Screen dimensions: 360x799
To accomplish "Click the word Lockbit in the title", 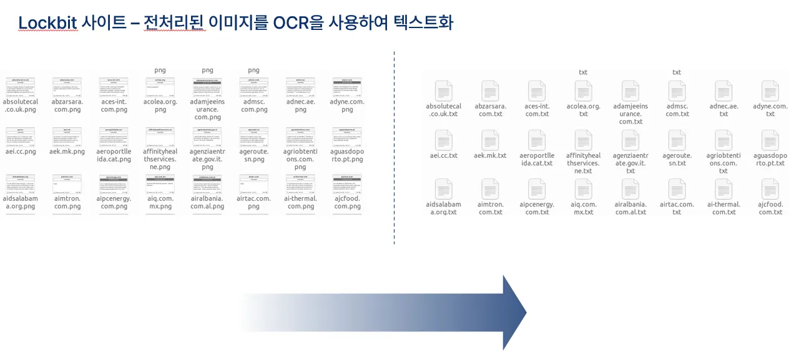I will pos(47,23).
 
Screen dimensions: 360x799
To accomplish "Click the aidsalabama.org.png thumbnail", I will pos(21,185).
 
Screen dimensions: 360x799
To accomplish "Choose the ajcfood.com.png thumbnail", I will pos(347,185).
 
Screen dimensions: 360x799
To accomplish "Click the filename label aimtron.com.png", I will pos(67,202).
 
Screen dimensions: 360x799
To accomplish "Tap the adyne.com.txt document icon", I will pos(770,91).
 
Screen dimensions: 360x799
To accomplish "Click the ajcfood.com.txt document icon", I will pos(770,189).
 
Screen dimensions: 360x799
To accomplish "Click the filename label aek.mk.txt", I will pos(490,155).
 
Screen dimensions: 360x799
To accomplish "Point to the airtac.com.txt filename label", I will pos(677,208).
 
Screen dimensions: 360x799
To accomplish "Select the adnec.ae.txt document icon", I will pos(723,91).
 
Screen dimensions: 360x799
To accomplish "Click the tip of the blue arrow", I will pos(525,312).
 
